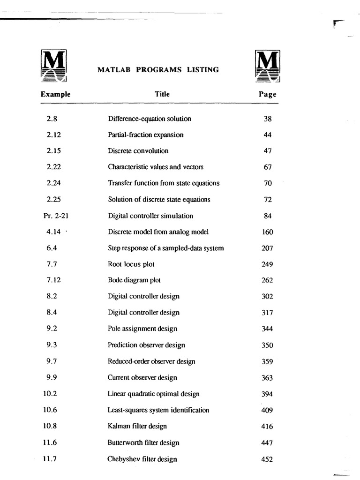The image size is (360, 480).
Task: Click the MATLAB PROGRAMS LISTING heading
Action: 158,70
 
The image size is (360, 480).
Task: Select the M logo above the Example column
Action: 54,66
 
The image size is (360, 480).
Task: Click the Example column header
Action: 55,94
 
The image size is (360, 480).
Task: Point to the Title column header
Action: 162,94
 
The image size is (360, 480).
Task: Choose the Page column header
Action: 268,94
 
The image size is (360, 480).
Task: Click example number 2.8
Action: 52,119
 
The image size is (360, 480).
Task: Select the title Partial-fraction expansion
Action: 146,135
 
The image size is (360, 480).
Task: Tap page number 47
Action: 268,151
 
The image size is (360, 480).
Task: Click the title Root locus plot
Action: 131,264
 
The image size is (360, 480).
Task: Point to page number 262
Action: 267,281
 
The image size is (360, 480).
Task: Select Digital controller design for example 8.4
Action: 143,313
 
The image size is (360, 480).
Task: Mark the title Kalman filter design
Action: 137,427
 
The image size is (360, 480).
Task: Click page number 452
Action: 267,459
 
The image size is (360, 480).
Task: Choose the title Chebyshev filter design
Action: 142,459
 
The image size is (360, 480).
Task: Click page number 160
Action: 267,232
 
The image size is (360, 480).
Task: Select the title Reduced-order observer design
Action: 151,361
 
